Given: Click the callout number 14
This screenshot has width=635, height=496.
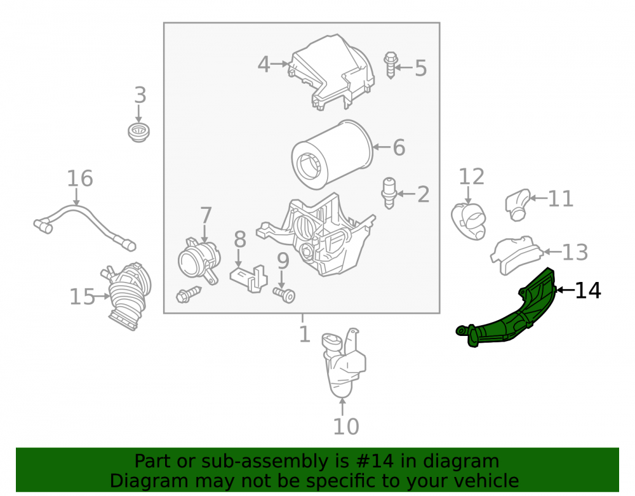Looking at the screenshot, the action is [x=588, y=290].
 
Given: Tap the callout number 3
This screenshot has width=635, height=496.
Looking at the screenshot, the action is [x=140, y=95].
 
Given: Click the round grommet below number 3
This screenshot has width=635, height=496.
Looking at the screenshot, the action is [x=138, y=133].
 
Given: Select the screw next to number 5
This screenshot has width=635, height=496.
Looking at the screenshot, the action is [x=391, y=65].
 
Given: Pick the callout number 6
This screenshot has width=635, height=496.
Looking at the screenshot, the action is [x=399, y=147].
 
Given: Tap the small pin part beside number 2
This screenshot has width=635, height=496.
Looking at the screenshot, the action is [x=389, y=193].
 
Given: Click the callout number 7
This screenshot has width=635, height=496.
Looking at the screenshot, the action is [x=206, y=215].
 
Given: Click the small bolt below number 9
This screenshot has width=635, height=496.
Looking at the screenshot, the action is [x=284, y=294].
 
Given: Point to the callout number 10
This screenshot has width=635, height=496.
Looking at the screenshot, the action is [x=346, y=426].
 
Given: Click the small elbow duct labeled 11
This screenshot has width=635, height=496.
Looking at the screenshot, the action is [x=518, y=204].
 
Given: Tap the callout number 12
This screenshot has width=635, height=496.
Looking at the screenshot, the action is [x=471, y=177].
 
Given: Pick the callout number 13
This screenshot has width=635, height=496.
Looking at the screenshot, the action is [x=575, y=252].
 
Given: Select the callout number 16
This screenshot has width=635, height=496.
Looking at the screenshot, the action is [x=80, y=178].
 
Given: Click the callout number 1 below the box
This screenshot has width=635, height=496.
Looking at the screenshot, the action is [x=305, y=335].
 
